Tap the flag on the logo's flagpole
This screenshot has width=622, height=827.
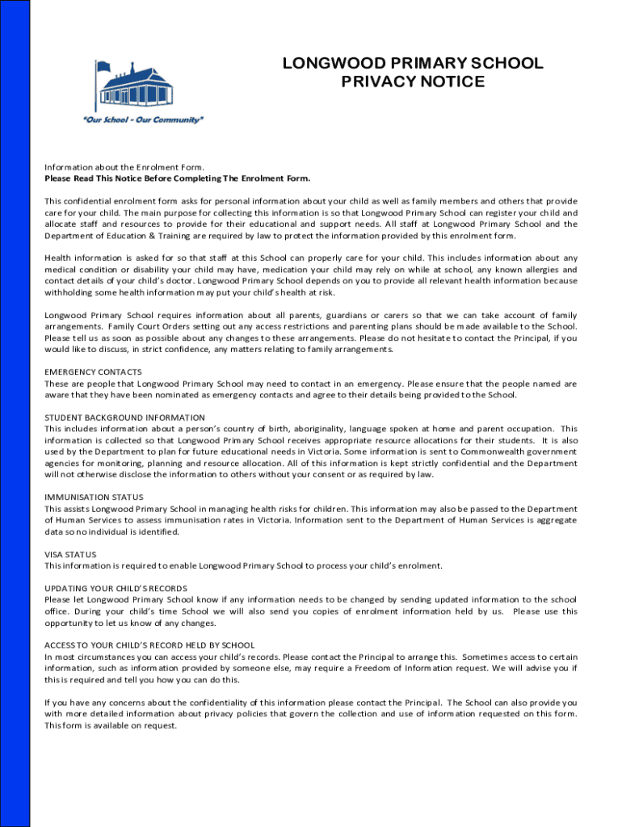(x=103, y=65)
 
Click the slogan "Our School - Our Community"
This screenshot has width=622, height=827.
(x=143, y=120)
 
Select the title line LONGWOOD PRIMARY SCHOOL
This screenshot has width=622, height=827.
(x=413, y=64)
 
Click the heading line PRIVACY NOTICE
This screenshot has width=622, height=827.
(x=413, y=82)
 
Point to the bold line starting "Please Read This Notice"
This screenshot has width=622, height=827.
(x=177, y=178)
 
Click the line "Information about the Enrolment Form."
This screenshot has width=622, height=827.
(x=124, y=166)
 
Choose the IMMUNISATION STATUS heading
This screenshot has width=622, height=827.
(x=94, y=497)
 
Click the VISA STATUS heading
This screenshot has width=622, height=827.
(x=70, y=554)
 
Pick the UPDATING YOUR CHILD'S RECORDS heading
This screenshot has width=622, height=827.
(x=116, y=588)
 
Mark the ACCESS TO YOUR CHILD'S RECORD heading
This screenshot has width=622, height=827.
(x=149, y=645)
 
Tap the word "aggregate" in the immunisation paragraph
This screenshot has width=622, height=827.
(x=553, y=520)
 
